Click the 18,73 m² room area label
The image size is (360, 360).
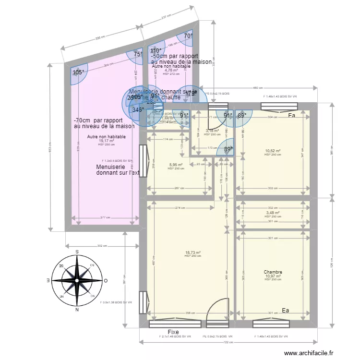point(193,252)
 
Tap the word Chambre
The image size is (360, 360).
point(273,272)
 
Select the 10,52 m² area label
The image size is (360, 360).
point(273,151)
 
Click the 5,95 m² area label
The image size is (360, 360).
point(176,165)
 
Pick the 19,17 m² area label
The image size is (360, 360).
point(107,141)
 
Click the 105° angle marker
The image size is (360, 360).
point(78,72)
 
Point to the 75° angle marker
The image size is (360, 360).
point(138,55)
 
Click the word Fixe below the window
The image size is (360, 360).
point(173,332)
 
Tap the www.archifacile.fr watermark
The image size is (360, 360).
point(308,353)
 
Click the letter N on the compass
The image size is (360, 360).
point(76,310)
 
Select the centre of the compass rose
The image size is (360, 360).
point(76,280)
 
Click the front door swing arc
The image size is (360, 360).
point(218,307)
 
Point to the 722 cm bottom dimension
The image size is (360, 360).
point(228,342)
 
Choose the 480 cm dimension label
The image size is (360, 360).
point(258,88)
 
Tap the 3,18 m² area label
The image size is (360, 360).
point(212,131)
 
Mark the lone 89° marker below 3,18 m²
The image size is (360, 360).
point(228,149)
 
